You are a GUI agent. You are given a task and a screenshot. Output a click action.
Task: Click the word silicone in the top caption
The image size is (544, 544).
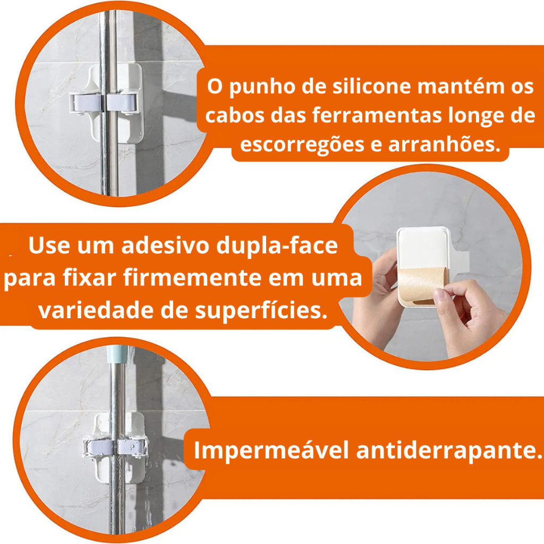[371, 86]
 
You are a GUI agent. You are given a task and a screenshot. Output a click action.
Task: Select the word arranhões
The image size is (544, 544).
[445, 144]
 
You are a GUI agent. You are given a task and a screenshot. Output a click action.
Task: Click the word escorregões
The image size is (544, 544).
[302, 144]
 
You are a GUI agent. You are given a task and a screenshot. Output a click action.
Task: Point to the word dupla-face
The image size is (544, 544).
[277, 245]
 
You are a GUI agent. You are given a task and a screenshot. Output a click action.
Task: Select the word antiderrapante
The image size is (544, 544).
[449, 450]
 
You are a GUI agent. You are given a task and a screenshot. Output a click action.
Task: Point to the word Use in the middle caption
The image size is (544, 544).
[49, 245]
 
